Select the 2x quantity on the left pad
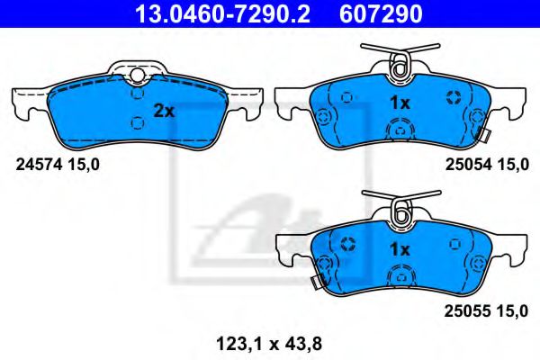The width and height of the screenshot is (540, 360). pos(163,112)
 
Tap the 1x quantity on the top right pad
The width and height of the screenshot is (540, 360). pos(400,103)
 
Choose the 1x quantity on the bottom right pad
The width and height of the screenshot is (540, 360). pos(400,248)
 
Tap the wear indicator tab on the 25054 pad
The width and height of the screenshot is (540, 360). pos(482,138)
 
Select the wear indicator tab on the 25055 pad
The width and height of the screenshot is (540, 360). pos(317,283)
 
